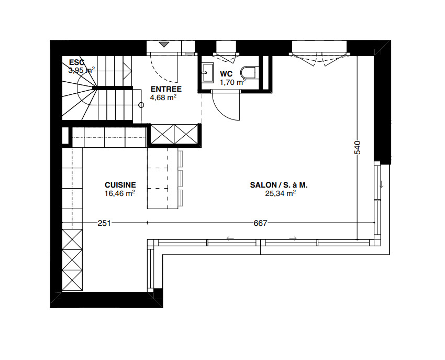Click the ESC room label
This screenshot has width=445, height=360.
76,62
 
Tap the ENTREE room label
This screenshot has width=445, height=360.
165,89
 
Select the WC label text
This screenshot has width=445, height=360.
226,73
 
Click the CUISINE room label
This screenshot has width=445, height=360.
120,185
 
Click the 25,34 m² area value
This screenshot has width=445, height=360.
281,193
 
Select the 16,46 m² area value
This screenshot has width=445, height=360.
120,193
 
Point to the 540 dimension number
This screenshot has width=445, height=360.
358,148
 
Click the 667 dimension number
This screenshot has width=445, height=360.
260,223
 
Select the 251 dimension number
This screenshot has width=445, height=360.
104,223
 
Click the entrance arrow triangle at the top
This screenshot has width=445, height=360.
164,45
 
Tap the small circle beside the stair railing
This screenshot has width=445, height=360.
141,105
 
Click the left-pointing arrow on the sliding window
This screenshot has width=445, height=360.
229,239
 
